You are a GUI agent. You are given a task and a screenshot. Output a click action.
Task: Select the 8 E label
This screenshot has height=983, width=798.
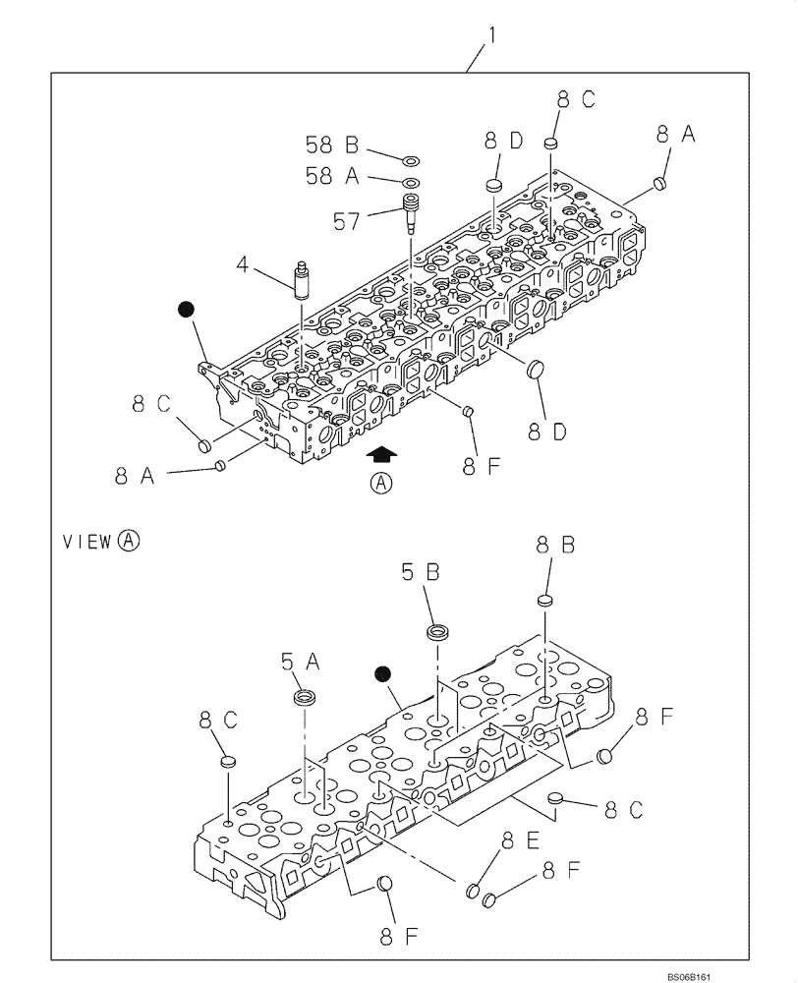(x=520, y=841)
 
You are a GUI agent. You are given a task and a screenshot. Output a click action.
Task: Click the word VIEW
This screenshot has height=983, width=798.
(x=87, y=540)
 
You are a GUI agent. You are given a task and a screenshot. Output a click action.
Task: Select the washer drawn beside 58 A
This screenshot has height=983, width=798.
(x=409, y=183)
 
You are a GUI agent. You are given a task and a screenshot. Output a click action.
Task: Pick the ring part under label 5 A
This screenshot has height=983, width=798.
(x=306, y=699)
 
